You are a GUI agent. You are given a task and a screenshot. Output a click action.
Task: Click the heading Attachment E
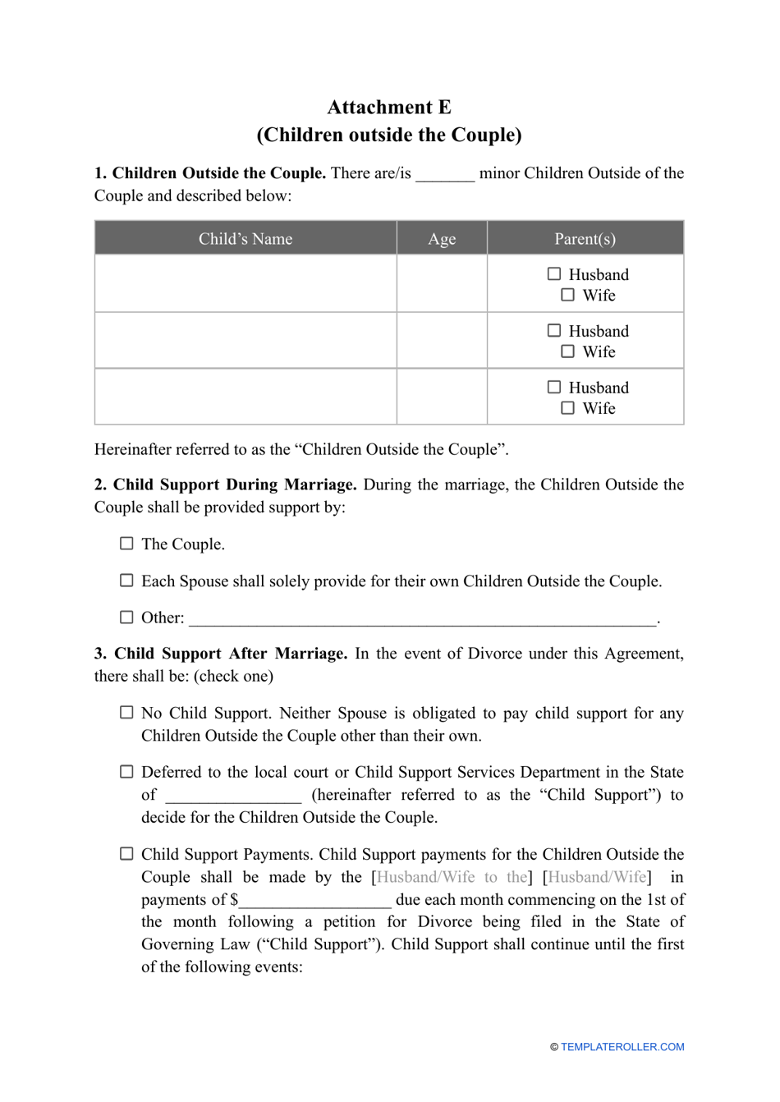[x=389, y=108]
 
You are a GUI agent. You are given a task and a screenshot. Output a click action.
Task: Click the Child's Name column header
[x=245, y=239]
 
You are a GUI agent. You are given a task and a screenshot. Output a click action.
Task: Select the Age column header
[x=442, y=239]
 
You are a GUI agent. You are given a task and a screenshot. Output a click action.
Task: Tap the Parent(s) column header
[x=585, y=239]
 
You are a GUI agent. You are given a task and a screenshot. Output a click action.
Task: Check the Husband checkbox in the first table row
[x=554, y=274]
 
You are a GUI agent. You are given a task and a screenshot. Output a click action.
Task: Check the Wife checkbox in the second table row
[x=567, y=351]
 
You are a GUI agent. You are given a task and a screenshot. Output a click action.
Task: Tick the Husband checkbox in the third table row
[x=554, y=388]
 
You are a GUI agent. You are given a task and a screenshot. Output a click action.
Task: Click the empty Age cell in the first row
[x=442, y=283]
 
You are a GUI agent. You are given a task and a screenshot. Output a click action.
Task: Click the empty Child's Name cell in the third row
[x=245, y=397]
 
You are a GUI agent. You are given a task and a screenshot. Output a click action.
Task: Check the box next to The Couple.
[x=126, y=544]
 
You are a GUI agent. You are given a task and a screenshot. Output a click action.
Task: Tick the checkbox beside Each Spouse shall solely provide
[x=126, y=581]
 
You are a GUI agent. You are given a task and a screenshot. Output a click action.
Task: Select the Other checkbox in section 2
[x=126, y=618]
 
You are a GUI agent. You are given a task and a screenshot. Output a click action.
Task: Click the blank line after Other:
[x=422, y=619]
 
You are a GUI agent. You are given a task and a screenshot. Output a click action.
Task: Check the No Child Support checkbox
[x=126, y=713]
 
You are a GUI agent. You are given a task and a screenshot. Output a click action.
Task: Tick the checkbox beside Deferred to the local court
[x=126, y=772]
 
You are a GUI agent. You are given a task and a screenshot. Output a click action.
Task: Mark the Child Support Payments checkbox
[x=126, y=854]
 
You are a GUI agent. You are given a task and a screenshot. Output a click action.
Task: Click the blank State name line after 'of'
[x=233, y=797]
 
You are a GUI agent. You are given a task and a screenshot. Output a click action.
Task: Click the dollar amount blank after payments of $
[x=315, y=901]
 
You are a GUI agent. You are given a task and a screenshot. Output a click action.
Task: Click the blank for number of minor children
[x=445, y=175]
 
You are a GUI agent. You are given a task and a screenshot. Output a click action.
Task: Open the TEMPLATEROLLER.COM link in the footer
[x=622, y=1047]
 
